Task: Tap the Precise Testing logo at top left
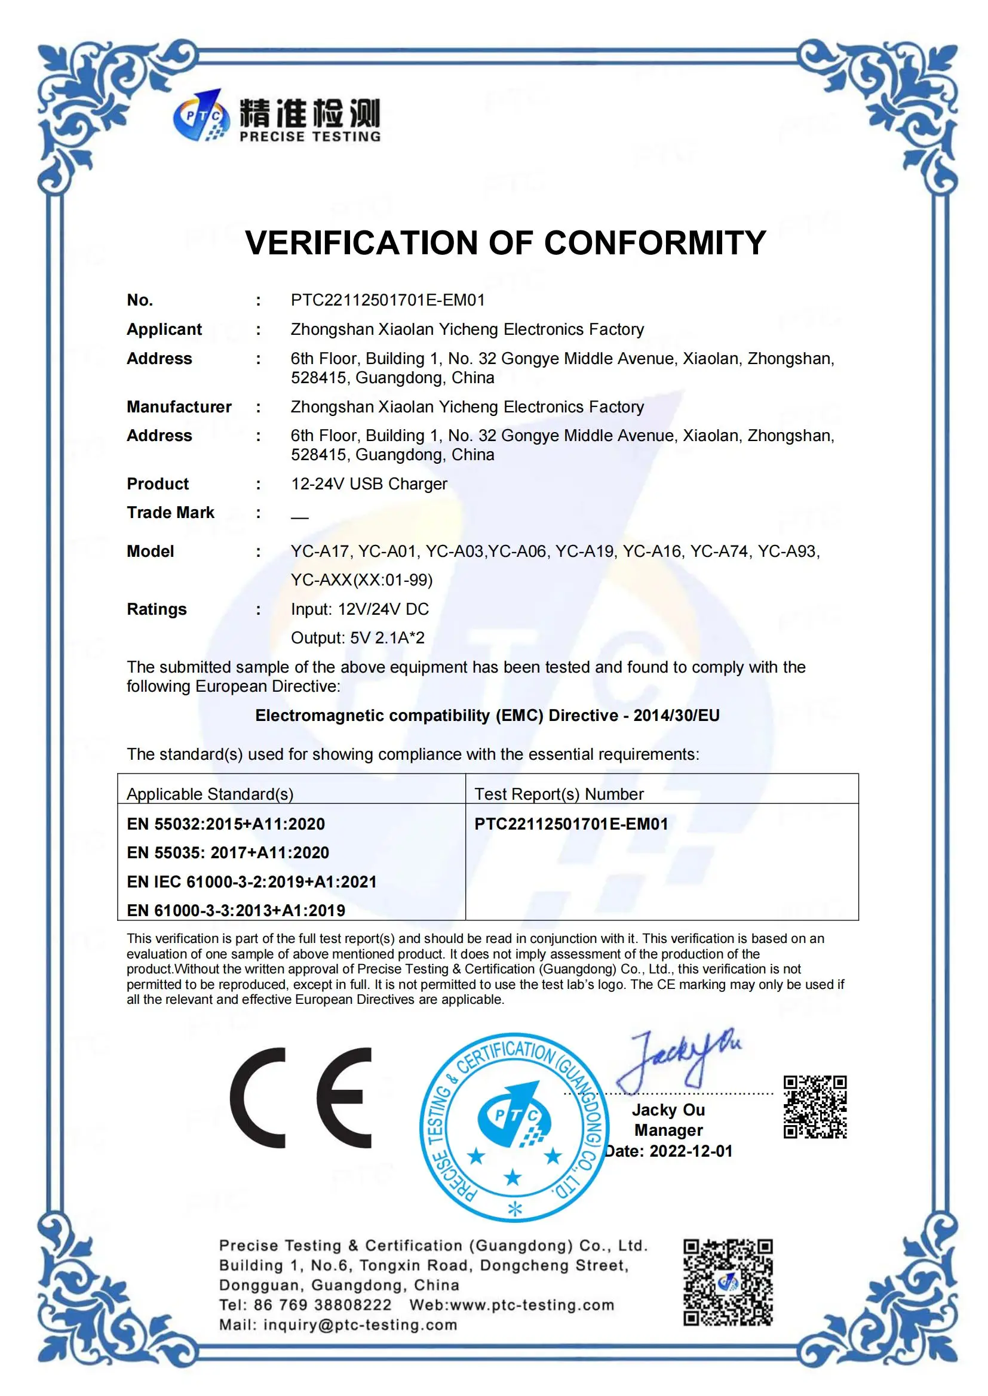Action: [x=277, y=116]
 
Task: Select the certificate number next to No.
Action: [x=388, y=300]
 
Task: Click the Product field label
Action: [x=158, y=484]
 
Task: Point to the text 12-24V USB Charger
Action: [x=369, y=484]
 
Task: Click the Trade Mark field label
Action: [x=170, y=513]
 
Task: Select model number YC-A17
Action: [x=320, y=551]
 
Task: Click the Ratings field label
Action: [x=157, y=609]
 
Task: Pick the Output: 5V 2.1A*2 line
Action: [x=358, y=638]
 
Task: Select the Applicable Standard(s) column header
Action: [x=210, y=794]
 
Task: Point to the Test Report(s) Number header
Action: [x=559, y=794]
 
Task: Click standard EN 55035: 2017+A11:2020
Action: [x=228, y=853]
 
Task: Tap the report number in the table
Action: [x=570, y=824]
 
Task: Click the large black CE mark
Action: [x=301, y=1098]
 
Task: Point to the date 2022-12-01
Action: [x=691, y=1151]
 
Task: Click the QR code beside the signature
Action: [x=815, y=1107]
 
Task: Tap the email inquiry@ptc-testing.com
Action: [x=360, y=1325]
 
